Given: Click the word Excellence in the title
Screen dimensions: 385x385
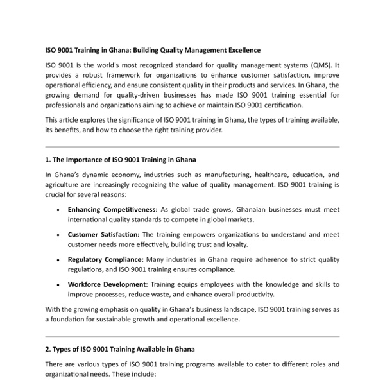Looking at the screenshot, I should (x=242, y=50).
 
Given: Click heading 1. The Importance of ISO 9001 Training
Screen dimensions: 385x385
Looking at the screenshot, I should (x=121, y=160).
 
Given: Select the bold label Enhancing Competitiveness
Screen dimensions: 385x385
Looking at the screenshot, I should (x=112, y=209).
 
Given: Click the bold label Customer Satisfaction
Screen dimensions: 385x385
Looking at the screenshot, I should (x=103, y=234).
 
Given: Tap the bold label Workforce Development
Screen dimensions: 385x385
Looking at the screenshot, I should (x=108, y=284).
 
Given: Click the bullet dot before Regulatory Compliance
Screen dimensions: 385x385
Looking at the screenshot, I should (x=58, y=260).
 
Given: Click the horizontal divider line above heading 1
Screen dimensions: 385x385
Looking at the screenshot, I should (x=193, y=147).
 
